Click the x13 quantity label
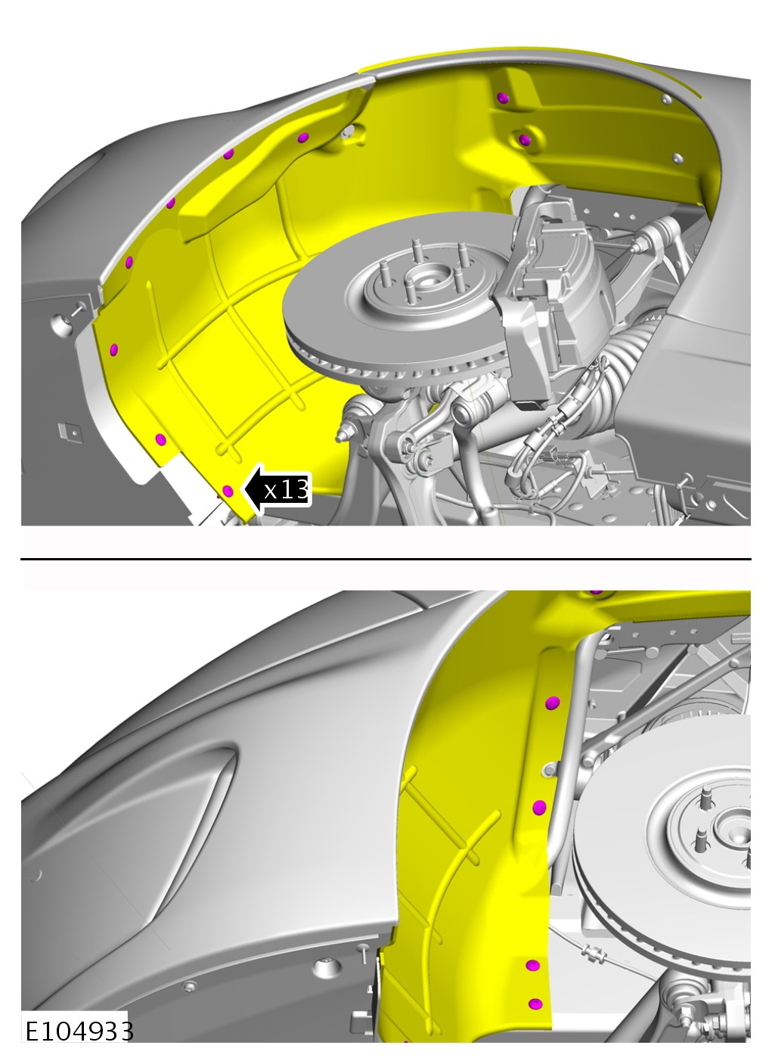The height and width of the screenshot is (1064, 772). [286, 490]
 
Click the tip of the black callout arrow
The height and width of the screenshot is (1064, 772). [243, 490]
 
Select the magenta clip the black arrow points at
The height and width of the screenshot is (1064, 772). [228, 491]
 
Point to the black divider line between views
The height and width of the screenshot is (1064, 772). [386, 559]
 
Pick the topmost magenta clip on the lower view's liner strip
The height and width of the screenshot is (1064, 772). [552, 703]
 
